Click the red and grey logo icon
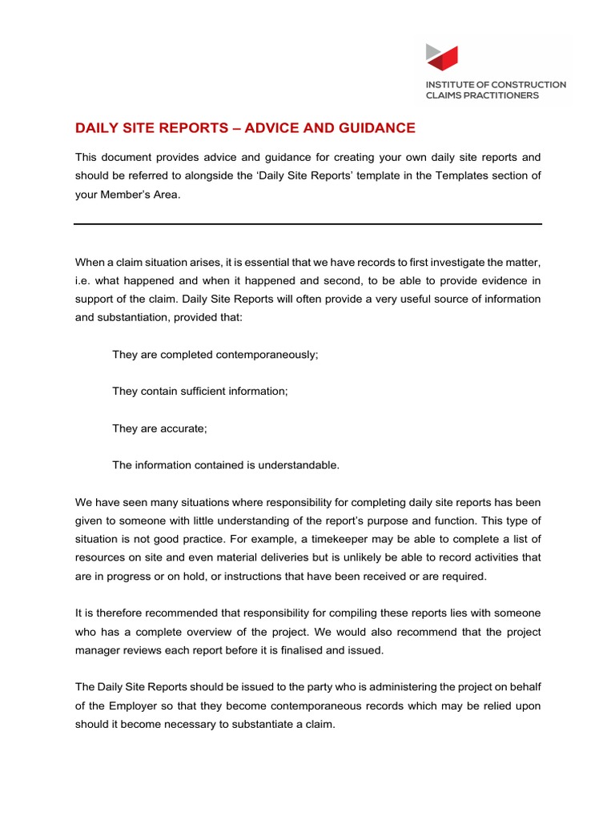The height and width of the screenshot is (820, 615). pos(443,58)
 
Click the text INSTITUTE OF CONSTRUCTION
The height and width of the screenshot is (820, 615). pos(496,84)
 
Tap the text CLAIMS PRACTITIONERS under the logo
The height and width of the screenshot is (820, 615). pos(482,95)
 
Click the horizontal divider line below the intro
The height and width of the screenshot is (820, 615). pos(307,223)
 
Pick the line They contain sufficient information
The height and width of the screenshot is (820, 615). pos(199,392)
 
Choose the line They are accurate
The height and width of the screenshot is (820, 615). pos(159,428)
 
